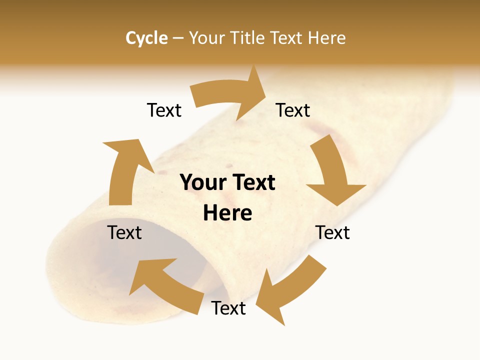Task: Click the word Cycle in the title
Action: click(x=146, y=38)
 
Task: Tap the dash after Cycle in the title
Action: click(x=178, y=38)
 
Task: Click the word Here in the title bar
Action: click(x=327, y=38)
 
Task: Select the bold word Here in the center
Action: click(x=227, y=212)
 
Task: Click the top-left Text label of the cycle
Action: click(x=164, y=110)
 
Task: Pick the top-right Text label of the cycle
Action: click(x=293, y=110)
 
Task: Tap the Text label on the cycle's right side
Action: click(x=332, y=232)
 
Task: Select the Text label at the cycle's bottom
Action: click(x=228, y=308)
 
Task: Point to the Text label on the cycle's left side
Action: click(x=124, y=232)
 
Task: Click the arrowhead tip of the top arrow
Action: click(x=266, y=90)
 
